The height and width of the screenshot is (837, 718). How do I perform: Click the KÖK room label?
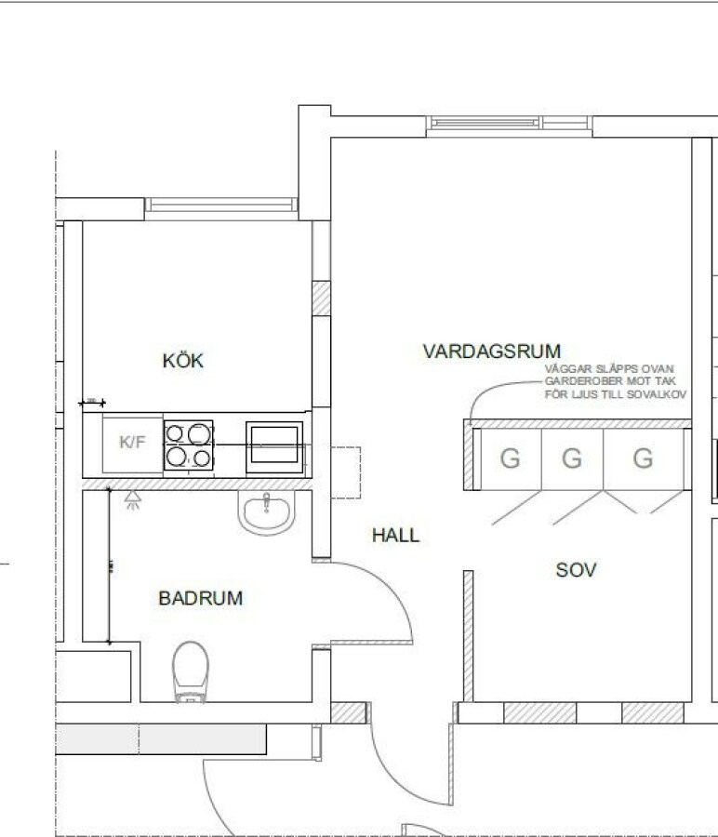click(x=182, y=360)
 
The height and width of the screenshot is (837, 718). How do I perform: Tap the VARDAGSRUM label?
click(x=492, y=352)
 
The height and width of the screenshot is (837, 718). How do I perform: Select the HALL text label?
click(x=395, y=535)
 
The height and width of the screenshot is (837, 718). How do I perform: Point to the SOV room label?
click(x=576, y=570)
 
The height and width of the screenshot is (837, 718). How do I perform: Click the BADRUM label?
click(x=201, y=598)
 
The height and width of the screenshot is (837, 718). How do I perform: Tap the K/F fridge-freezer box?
click(x=133, y=443)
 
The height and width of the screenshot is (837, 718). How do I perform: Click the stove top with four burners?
click(x=189, y=445)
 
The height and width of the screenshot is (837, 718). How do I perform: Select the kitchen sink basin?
click(x=274, y=446)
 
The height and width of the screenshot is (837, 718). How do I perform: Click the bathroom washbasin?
click(x=266, y=511)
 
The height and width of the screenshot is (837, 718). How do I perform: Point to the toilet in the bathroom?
click(x=190, y=671)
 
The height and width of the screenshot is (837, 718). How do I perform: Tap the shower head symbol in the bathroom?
click(x=133, y=499)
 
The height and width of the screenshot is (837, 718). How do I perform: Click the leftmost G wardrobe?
click(x=511, y=458)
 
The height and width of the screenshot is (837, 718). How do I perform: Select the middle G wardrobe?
click(x=572, y=458)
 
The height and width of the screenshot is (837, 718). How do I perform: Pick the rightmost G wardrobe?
click(x=644, y=458)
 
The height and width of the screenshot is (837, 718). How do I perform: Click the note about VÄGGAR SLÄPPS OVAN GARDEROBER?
click(x=616, y=381)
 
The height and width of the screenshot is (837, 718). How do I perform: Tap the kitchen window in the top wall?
click(x=221, y=205)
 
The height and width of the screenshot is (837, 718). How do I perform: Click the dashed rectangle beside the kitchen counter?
click(x=345, y=472)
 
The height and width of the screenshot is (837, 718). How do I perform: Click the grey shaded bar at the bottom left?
click(x=161, y=738)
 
